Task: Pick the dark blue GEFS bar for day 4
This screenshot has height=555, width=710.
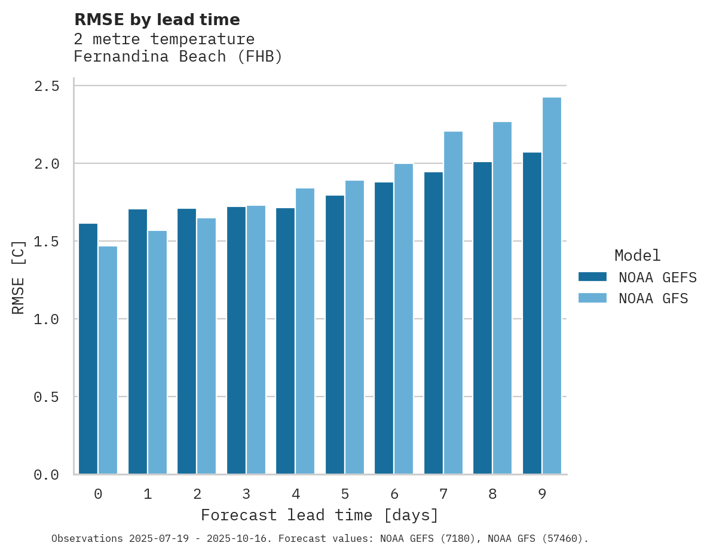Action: point(285,341)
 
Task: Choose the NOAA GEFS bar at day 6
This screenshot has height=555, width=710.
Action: point(384,328)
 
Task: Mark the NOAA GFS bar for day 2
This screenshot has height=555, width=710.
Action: point(206,346)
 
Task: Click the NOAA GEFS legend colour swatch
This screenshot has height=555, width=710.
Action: point(592,277)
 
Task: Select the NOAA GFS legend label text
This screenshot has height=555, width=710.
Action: point(653,298)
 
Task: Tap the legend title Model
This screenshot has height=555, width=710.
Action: point(637,255)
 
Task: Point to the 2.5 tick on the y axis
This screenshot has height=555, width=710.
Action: point(47,86)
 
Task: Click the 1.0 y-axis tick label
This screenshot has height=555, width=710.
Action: point(47,319)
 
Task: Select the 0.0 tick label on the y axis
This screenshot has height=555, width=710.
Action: point(47,475)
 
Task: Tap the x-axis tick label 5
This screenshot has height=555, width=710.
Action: point(345,494)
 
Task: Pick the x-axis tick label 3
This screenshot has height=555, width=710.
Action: point(246,494)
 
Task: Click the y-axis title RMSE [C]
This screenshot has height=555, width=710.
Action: point(19,277)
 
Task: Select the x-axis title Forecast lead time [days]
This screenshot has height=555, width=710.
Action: point(320,515)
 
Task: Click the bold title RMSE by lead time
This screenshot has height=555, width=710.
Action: point(157,20)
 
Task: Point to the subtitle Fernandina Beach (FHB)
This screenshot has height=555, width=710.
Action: point(177,57)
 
